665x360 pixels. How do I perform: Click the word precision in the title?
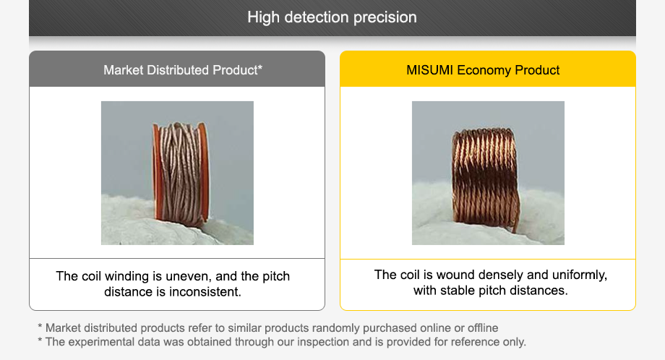[x=385, y=17]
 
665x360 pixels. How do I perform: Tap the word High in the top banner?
[x=263, y=17]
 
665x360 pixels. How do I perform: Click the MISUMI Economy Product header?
[x=483, y=70]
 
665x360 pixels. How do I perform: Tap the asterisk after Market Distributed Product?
[x=259, y=69]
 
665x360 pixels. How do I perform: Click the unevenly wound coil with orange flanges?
[x=180, y=173]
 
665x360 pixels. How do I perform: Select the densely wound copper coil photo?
[x=485, y=176]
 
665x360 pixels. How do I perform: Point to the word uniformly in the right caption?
[x=580, y=275]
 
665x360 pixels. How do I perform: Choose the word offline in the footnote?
[x=480, y=328]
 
